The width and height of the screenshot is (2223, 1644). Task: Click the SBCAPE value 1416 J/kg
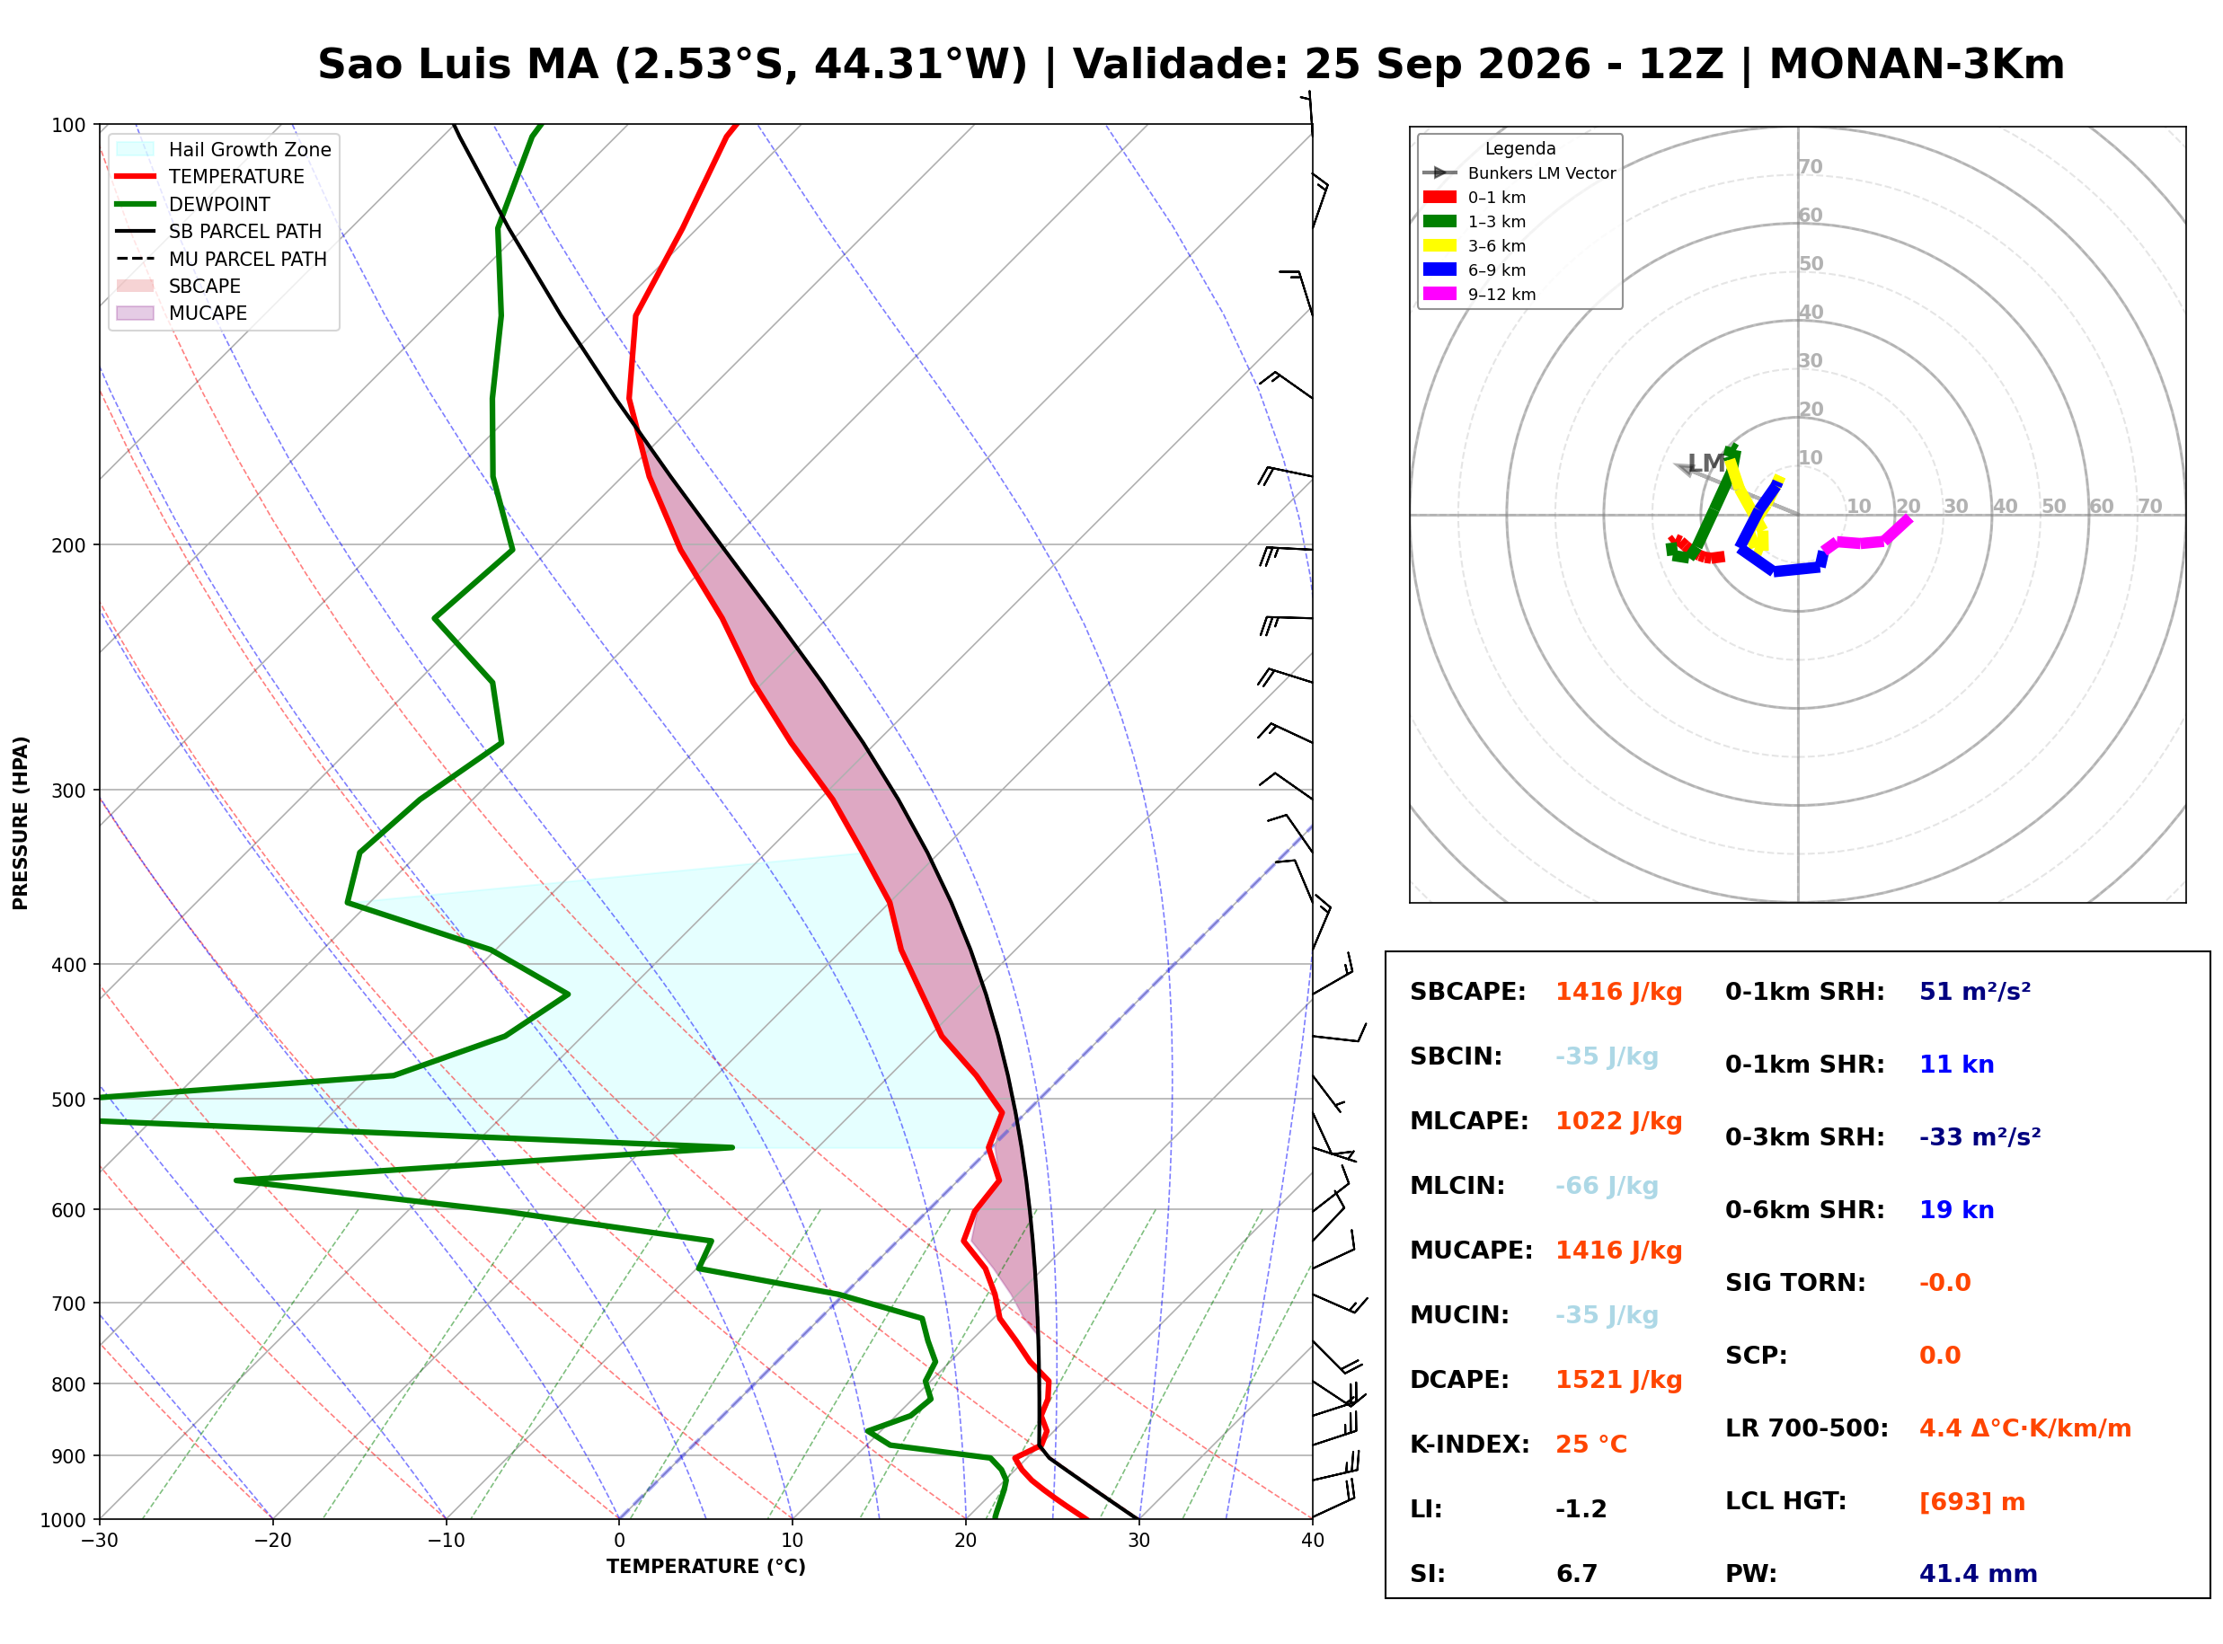tap(1619, 992)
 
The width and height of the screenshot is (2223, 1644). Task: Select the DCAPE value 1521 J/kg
tap(1619, 1380)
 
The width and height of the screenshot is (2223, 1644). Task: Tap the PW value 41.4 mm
tap(1979, 1574)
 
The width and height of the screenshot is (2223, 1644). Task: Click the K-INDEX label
tap(1470, 1445)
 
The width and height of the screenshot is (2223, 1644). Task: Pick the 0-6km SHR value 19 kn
tap(1956, 1210)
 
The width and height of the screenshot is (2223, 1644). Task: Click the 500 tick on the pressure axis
tap(68, 1100)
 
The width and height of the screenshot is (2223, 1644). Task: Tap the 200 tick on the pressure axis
tap(68, 545)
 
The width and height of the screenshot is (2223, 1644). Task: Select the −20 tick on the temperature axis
tap(272, 1542)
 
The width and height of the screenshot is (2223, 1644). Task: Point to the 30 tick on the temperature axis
tap(1138, 1542)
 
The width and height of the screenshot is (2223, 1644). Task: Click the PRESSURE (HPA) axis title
tap(21, 823)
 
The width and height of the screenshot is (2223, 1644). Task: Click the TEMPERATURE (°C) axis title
tap(705, 1568)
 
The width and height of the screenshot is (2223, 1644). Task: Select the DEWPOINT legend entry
tap(219, 204)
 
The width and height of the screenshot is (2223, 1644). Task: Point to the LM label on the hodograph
tap(1705, 463)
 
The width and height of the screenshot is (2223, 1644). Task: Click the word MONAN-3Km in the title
tap(1917, 65)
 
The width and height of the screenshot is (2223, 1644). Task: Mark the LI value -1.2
tap(1581, 1509)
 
